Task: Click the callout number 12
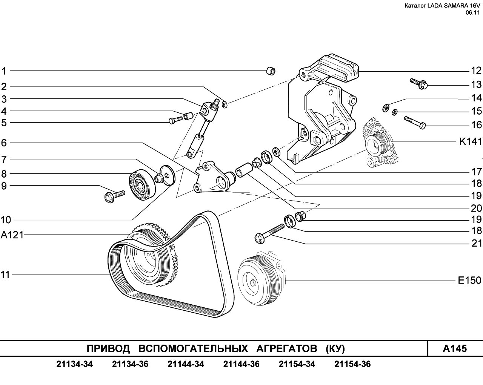[x=476, y=71]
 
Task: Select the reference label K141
[x=471, y=142]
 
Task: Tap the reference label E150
[x=469, y=281]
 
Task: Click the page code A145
[x=455, y=348]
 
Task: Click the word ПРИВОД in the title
[x=108, y=349]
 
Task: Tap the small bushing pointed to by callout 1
[x=271, y=71]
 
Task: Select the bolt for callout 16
[x=415, y=123]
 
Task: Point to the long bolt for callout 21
[x=269, y=233]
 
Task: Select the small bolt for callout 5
[x=176, y=120]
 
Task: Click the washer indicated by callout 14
[x=386, y=109]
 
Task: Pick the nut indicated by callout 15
[x=395, y=112]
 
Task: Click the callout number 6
[x=4, y=143]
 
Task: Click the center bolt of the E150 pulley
[x=253, y=282]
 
